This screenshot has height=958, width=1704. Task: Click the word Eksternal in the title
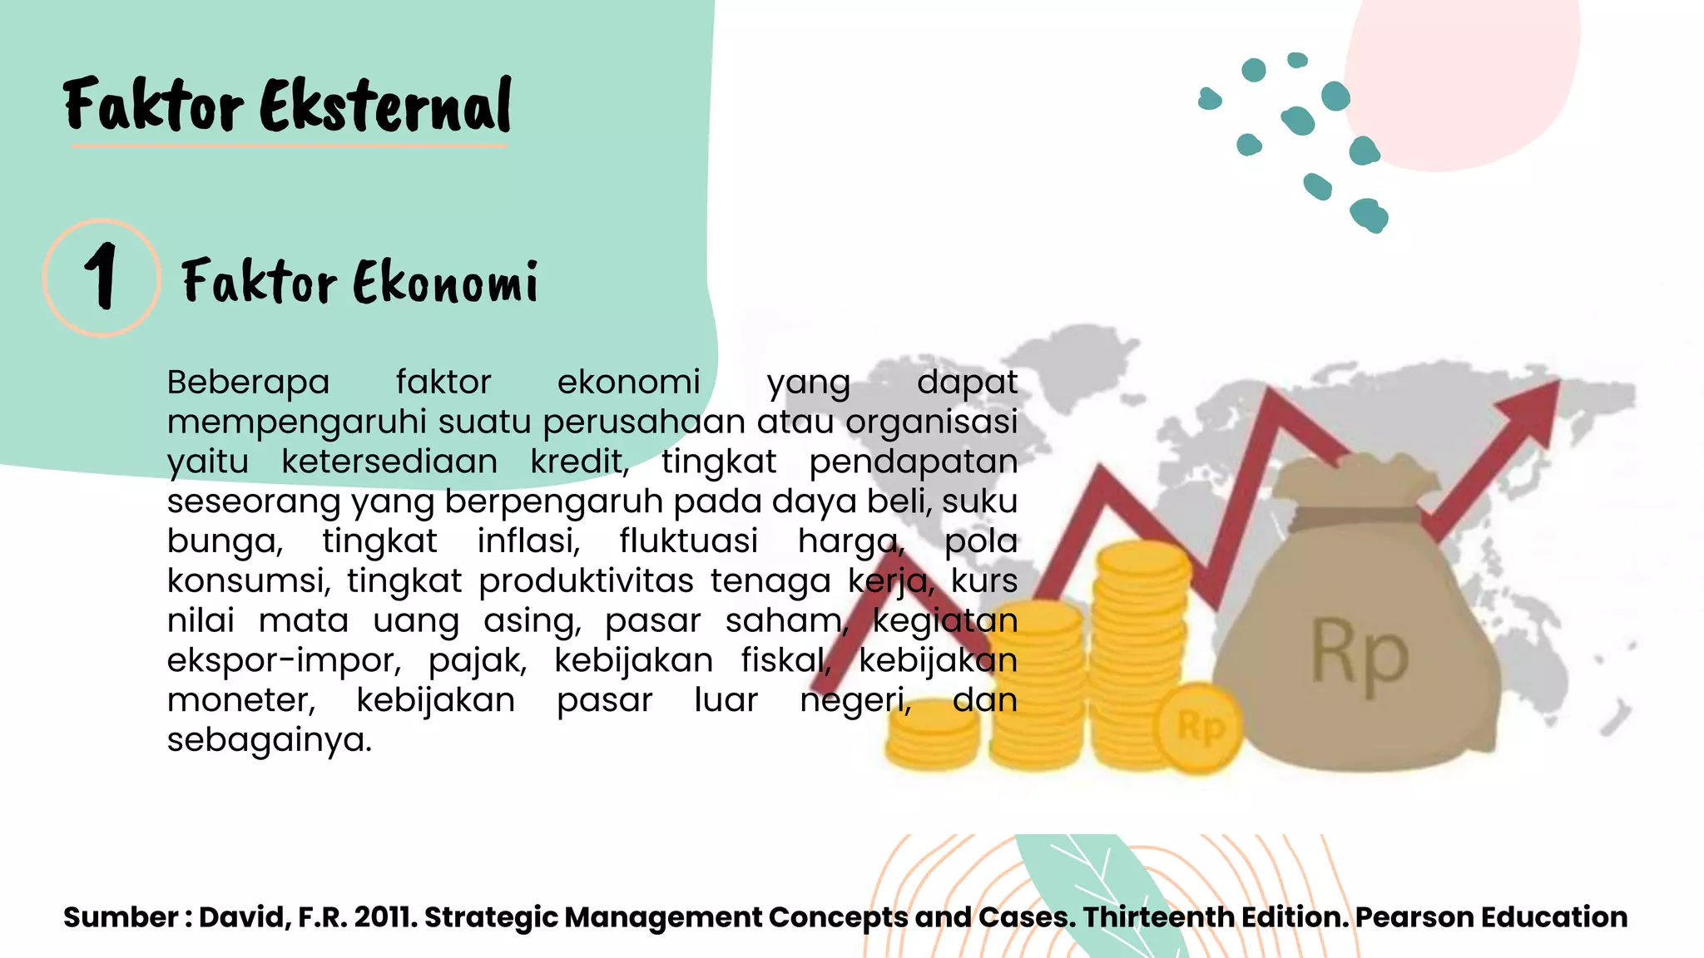click(385, 106)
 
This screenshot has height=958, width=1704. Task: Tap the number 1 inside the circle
click(101, 276)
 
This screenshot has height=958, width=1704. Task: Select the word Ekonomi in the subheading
click(445, 282)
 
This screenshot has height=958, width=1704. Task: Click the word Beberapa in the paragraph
click(248, 383)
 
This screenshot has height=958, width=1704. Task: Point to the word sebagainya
click(269, 740)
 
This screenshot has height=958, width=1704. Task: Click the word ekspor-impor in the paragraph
click(284, 660)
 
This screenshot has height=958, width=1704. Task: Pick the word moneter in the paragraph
click(241, 700)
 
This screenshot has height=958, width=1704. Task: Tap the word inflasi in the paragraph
click(528, 541)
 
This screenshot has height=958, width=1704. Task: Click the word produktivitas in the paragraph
click(586, 581)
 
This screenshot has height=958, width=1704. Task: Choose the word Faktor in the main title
click(153, 106)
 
